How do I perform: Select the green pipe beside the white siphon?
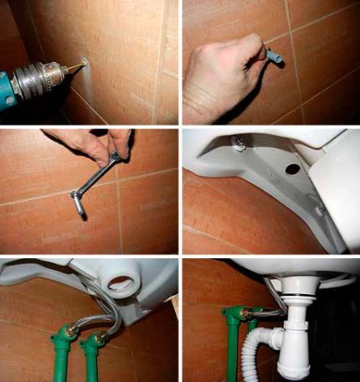pos(232,343)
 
